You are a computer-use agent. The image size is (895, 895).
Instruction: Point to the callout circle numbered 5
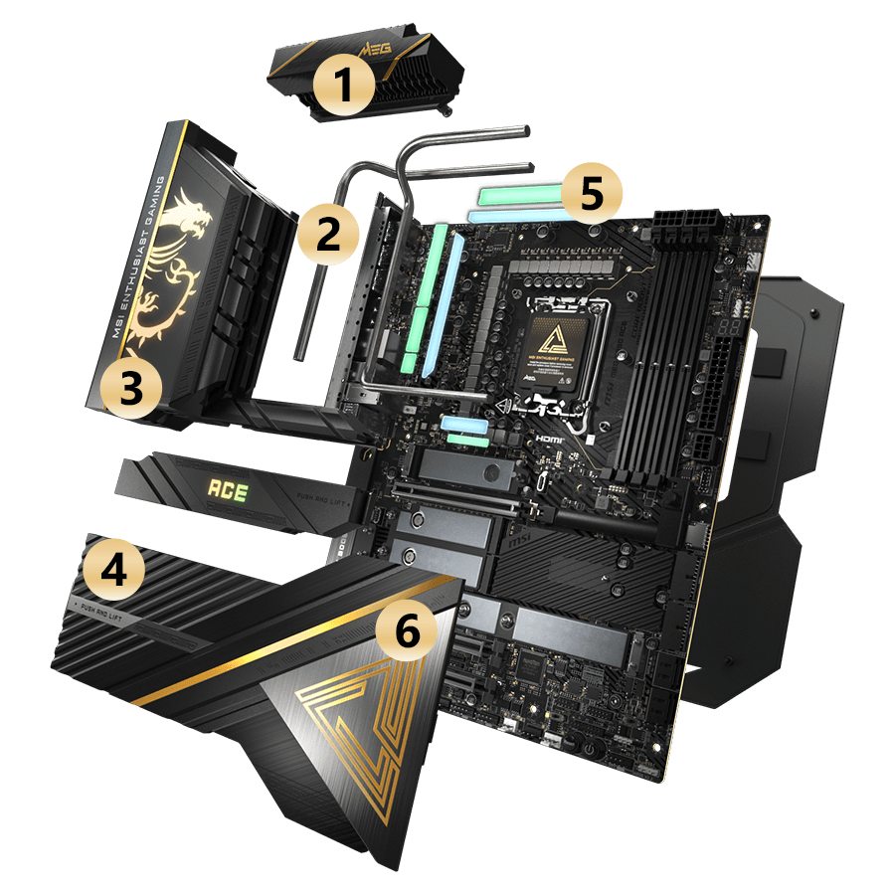(590, 193)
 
